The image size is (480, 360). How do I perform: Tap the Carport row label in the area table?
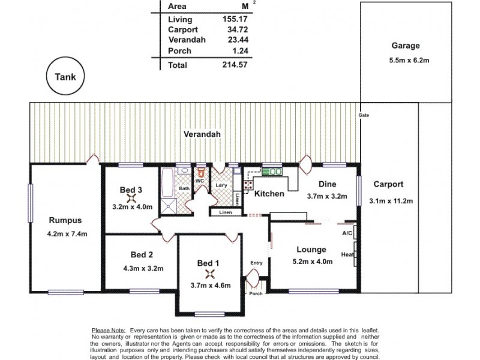(184, 29)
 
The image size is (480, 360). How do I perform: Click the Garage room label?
(406, 46)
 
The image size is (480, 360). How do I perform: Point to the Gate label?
(363, 115)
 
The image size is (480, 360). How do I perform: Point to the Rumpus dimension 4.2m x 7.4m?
(65, 233)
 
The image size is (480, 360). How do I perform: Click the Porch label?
(256, 294)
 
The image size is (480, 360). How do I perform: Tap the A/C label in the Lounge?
(347, 233)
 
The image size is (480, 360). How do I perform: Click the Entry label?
(257, 263)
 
